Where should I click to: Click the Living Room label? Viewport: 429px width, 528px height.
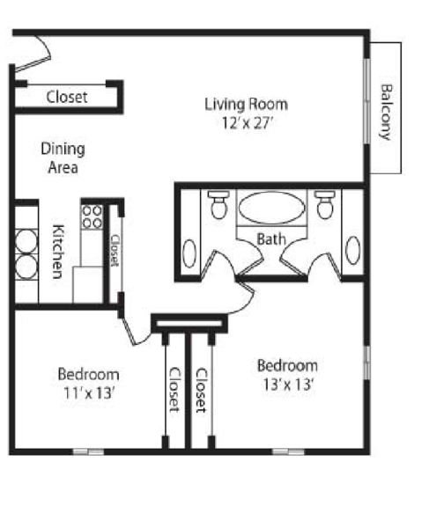click(x=246, y=104)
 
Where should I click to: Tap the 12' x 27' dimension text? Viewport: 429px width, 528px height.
click(x=247, y=123)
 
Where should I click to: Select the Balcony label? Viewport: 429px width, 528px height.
click(x=386, y=112)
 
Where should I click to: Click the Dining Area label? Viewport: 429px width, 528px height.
click(x=63, y=158)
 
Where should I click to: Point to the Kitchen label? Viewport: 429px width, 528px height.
click(x=58, y=252)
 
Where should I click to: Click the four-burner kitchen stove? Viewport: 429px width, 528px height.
click(x=92, y=217)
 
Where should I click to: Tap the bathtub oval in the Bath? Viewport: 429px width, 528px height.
click(x=271, y=208)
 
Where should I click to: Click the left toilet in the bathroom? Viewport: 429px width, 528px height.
click(x=218, y=204)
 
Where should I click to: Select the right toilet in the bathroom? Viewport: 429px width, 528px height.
click(x=325, y=204)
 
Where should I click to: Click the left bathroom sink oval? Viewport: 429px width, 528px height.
click(x=189, y=253)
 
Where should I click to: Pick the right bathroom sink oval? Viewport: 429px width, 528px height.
click(x=353, y=250)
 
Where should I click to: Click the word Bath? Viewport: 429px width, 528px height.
click(x=271, y=239)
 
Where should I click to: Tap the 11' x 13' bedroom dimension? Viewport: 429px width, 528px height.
click(x=90, y=393)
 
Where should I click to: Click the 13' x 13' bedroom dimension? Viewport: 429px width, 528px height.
click(x=288, y=385)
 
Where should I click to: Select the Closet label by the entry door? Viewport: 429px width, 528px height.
click(x=67, y=98)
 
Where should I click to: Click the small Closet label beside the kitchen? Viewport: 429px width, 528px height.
click(x=115, y=250)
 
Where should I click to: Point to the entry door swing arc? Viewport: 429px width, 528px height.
click(x=45, y=47)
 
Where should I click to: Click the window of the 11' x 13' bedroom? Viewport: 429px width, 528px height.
click(x=88, y=452)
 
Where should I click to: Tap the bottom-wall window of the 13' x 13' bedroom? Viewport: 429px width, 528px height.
click(x=288, y=452)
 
